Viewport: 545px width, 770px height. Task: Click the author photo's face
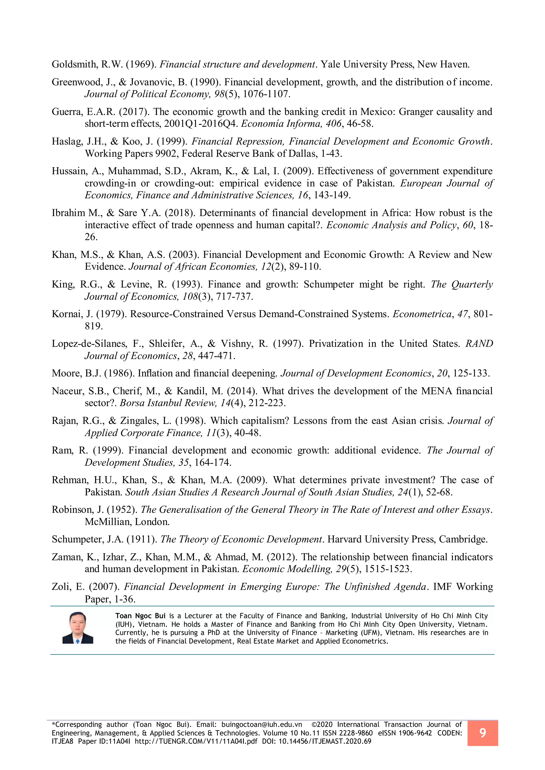click(x=77, y=623)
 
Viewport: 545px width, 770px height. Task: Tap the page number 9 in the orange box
click(x=482, y=733)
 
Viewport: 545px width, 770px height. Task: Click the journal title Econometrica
click(x=422, y=314)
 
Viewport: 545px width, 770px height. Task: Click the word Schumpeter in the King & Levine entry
click(x=329, y=284)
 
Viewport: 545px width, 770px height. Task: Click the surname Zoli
click(x=61, y=587)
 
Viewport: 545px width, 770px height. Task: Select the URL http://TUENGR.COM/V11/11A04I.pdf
click(x=196, y=741)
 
